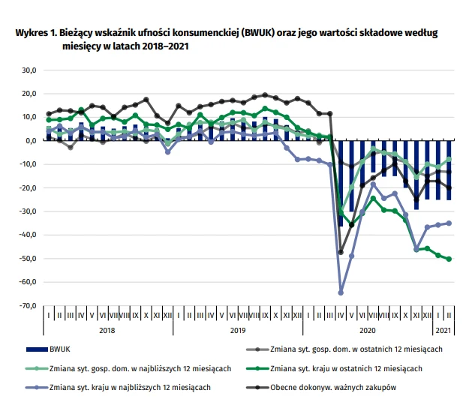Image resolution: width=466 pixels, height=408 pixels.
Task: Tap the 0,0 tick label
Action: pos(30,141)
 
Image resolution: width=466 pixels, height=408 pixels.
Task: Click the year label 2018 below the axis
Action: pos(107,330)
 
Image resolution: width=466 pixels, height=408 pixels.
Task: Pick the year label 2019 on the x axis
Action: pos(238,330)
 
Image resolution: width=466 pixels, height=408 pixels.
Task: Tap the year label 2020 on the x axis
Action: pos(368,330)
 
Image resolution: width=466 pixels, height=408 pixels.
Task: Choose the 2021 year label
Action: pos(443,330)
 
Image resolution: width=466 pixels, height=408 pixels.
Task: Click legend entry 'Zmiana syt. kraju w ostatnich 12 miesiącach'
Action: pos(346,368)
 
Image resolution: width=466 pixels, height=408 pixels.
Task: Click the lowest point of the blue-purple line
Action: pos(341,292)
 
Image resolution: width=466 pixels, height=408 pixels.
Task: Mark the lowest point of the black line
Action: pos(341,252)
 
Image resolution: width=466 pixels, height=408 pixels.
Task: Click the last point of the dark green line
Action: pos(449,259)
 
